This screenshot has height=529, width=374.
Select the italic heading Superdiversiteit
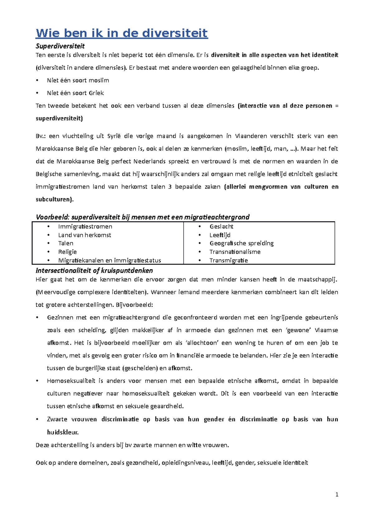[x=60, y=46]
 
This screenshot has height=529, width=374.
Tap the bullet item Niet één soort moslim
[x=78, y=80]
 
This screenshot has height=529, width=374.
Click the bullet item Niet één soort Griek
[x=75, y=93]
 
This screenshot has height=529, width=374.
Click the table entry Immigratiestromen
[x=85, y=227]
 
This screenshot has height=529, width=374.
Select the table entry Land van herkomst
[x=84, y=235]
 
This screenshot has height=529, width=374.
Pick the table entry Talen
[x=66, y=243]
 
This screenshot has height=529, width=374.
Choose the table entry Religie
[x=67, y=252]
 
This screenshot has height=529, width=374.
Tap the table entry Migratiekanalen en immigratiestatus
[x=109, y=260]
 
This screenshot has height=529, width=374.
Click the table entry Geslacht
[x=221, y=227]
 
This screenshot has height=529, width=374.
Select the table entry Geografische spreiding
[x=242, y=243]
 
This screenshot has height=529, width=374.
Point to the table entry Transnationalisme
[x=235, y=252]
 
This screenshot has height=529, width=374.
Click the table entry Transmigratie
[x=228, y=260]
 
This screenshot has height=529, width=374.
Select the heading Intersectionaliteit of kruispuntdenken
[x=94, y=270]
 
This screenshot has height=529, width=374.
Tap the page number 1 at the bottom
[x=337, y=495]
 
